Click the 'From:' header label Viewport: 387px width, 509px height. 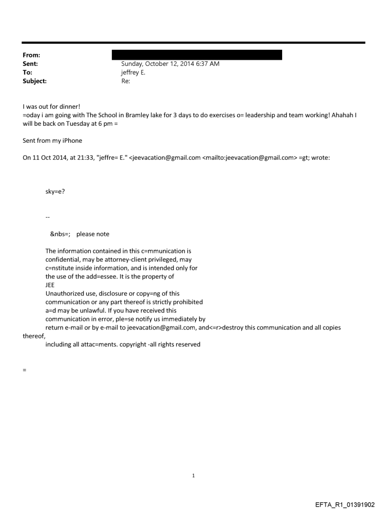coord(31,56)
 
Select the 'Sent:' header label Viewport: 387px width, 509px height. coord(30,64)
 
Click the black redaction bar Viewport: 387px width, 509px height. coord(197,55)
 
